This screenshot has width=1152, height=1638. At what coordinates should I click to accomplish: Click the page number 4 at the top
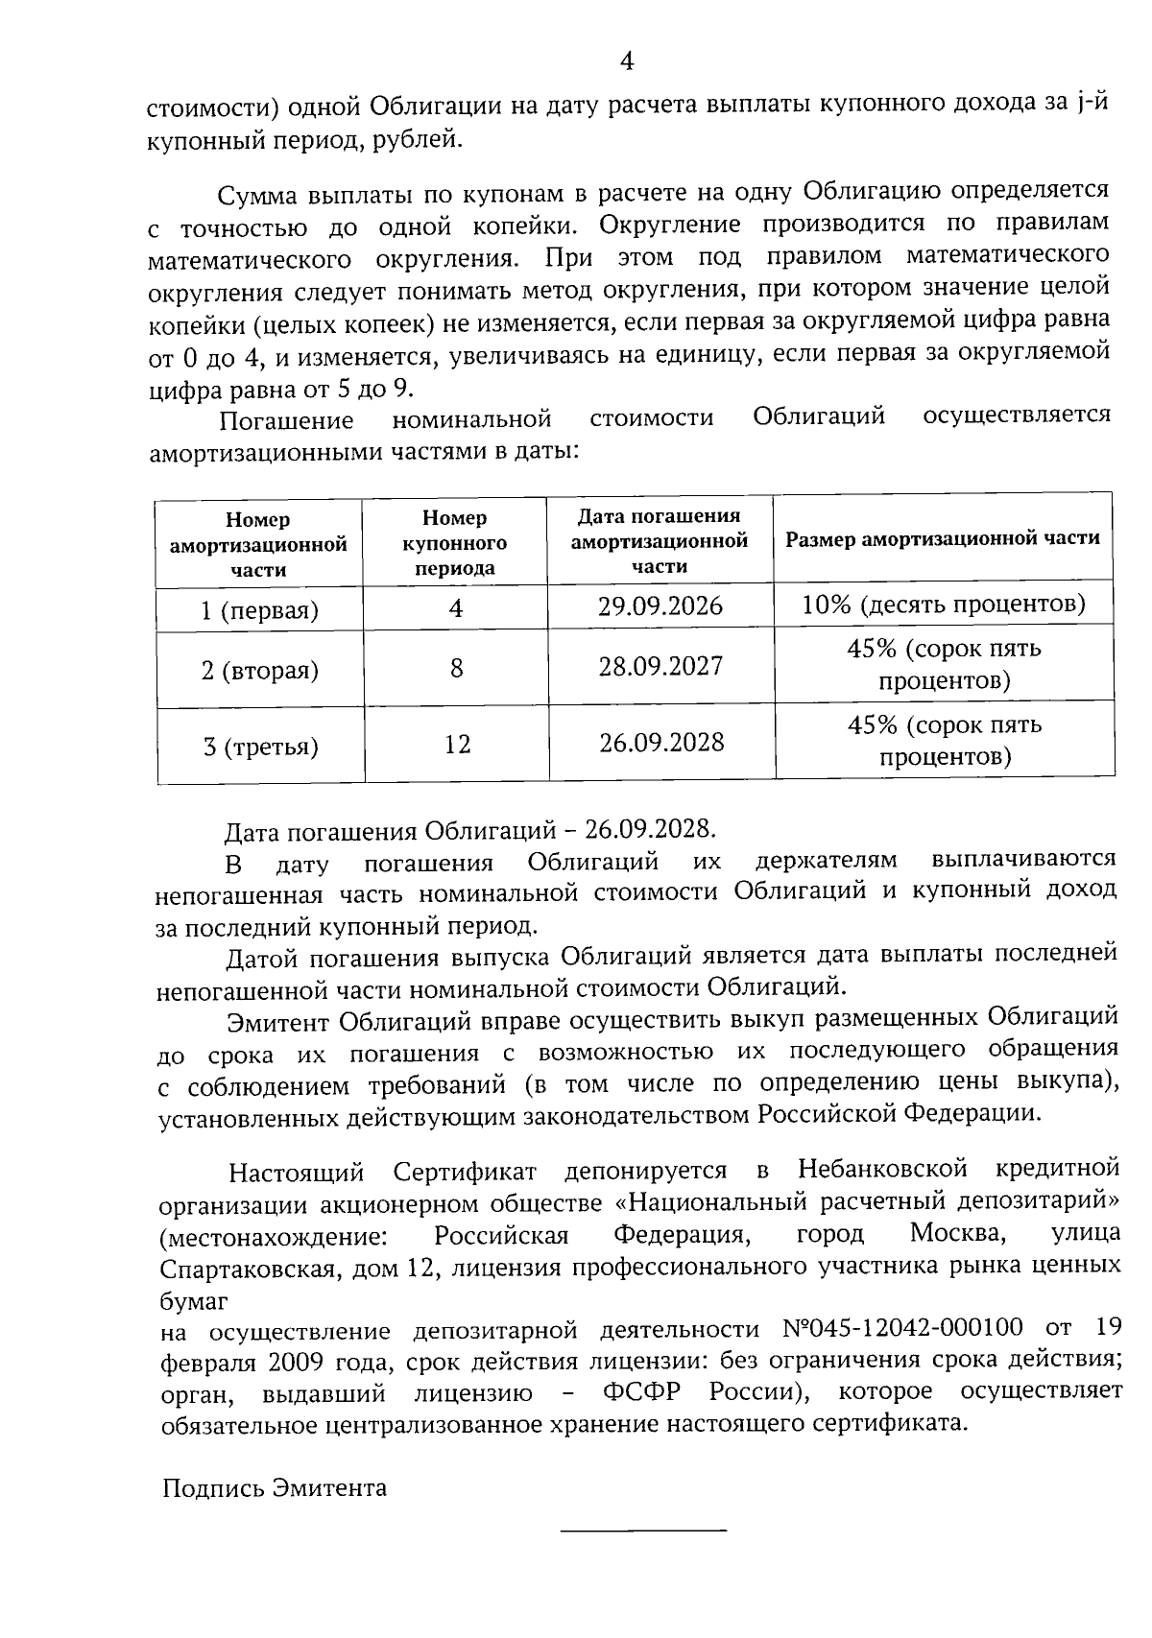[626, 62]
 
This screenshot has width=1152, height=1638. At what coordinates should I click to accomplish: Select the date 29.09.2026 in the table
[660, 606]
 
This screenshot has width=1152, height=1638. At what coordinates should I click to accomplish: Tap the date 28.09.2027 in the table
[660, 666]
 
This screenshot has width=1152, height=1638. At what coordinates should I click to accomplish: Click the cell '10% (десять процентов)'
[944, 605]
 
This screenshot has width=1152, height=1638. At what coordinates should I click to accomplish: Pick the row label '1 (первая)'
[259, 610]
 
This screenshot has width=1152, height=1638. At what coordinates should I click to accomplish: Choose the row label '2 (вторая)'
[259, 670]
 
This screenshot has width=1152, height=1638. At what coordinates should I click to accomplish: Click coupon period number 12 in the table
[457, 744]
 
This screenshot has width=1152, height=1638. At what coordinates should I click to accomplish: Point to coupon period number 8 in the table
[456, 667]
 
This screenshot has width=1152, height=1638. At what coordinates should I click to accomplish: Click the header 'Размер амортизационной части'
[943, 538]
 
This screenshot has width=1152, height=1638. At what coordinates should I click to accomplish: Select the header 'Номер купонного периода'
[454, 542]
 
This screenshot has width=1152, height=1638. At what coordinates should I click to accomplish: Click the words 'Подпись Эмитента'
[275, 1488]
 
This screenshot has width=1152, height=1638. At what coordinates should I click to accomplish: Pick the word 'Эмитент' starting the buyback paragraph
[279, 1019]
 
